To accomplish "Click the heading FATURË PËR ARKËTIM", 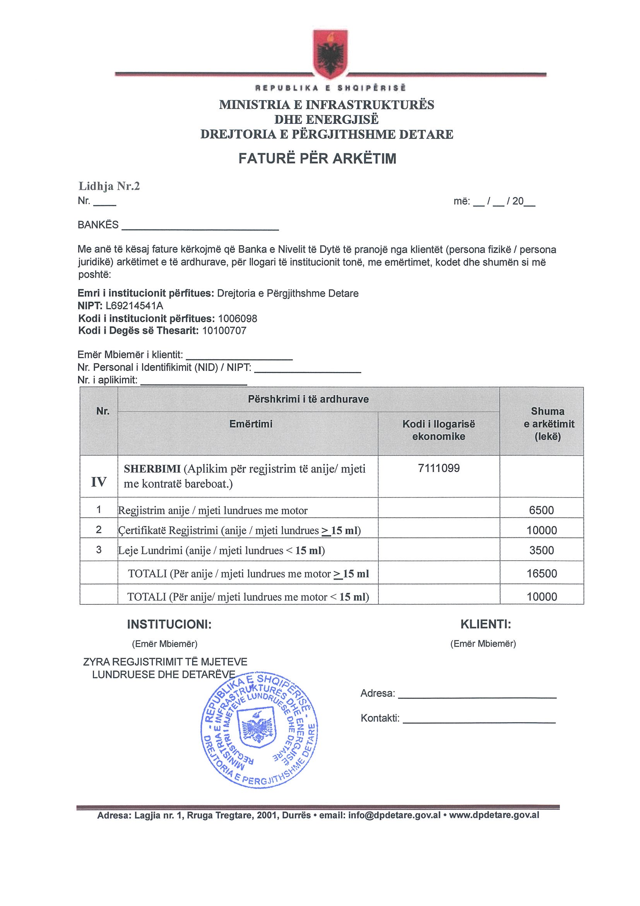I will tap(317, 159).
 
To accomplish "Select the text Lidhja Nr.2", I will tap(109, 186).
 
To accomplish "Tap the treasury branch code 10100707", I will tap(224, 331).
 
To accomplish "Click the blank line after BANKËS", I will tap(200, 228).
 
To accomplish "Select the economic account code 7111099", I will tap(438, 468).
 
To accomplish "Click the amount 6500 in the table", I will tap(541, 510).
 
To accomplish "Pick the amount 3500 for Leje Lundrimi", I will tap(541, 550).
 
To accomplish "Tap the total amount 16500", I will tap(542, 573).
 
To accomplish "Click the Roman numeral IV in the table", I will tap(99, 482).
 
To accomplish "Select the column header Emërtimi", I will tap(251, 424).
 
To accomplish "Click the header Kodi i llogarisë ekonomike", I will tap(438, 430).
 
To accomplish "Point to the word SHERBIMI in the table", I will tap(152, 469).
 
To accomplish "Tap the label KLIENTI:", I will tap(486, 624).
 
